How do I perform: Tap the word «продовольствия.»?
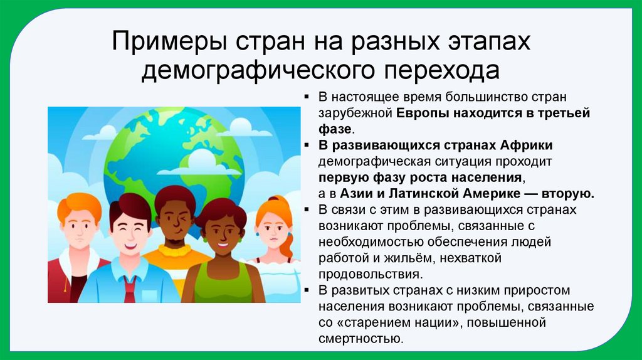click(x=369, y=274)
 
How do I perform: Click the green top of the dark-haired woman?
click(x=223, y=289)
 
